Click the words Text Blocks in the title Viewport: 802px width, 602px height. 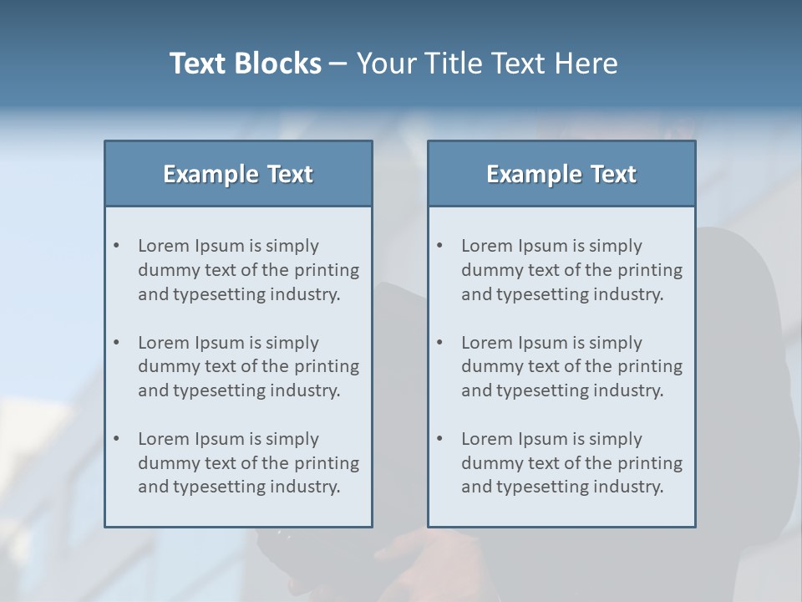[x=246, y=64]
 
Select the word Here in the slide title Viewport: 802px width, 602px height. [x=586, y=64]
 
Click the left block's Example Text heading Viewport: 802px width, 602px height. [x=238, y=174]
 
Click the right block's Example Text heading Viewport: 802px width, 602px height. [x=561, y=174]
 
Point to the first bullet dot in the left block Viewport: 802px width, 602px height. [x=117, y=246]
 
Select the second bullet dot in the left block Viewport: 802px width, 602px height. [x=117, y=343]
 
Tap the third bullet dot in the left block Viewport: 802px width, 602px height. [x=117, y=439]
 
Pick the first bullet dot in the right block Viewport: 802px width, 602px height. [x=440, y=246]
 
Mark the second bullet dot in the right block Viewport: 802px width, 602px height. [x=440, y=343]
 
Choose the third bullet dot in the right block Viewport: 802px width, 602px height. [x=440, y=439]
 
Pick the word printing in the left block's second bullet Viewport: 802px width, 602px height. [x=329, y=366]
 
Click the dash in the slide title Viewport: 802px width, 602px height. [x=338, y=64]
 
